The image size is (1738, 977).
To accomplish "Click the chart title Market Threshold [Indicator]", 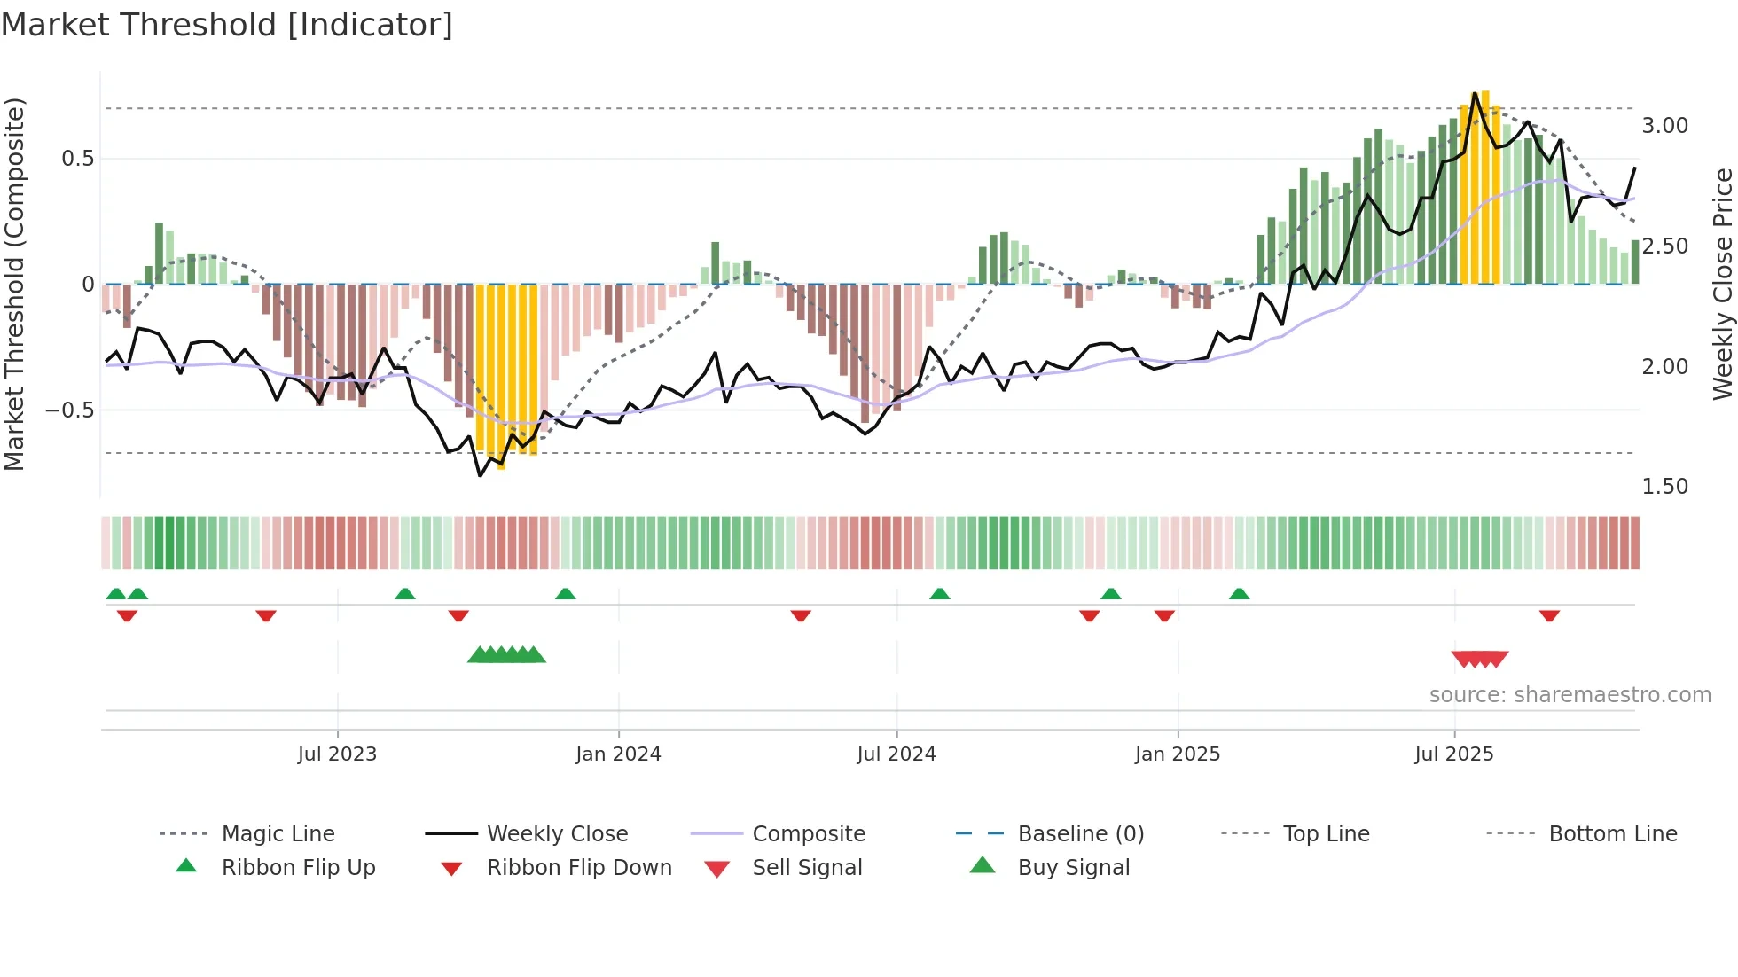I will click(227, 25).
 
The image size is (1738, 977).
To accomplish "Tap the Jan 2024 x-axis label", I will click(618, 754).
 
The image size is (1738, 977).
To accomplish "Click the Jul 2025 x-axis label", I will click(1453, 754).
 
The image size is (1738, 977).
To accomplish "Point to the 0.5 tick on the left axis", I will click(77, 159).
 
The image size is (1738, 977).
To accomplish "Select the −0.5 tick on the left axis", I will click(69, 410).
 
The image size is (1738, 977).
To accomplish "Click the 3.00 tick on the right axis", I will click(1664, 126).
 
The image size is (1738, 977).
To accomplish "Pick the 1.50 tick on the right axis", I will click(1664, 487).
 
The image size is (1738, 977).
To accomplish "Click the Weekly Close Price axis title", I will click(1722, 284).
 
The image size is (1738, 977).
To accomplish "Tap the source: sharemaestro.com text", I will click(1570, 695).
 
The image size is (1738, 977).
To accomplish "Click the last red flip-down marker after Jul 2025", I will click(1549, 616).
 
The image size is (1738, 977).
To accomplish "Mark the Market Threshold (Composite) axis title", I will click(14, 284).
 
